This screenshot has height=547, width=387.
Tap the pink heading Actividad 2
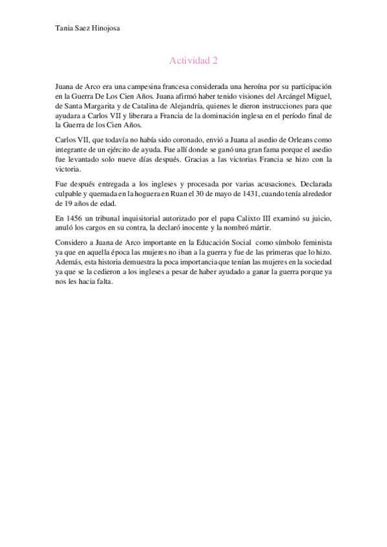(x=193, y=61)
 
